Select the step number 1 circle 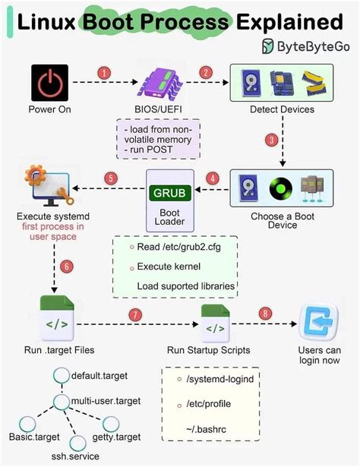105,73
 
